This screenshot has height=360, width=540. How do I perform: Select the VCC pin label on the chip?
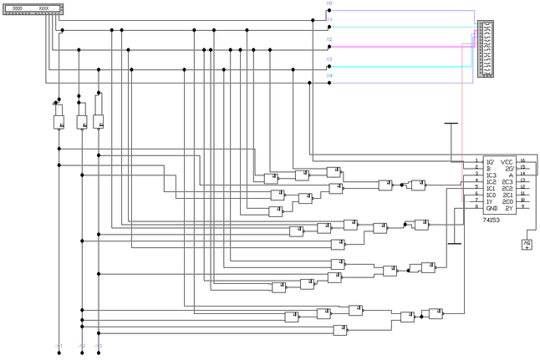click(507, 161)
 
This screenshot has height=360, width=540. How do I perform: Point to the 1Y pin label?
click(489, 201)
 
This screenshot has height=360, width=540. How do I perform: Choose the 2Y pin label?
click(507, 208)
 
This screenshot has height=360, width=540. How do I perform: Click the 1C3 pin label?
click(491, 175)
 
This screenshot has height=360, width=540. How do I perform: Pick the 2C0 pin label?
click(507, 201)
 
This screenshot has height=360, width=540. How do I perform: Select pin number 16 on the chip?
click(522, 160)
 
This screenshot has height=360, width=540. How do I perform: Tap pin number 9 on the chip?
click(522, 207)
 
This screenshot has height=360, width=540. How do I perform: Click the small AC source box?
click(527, 244)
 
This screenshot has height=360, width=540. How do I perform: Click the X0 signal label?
click(329, 3)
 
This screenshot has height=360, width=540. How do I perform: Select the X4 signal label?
click(329, 76)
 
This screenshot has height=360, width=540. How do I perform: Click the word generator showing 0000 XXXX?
click(32, 8)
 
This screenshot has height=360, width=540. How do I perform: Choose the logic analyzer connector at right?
click(485, 49)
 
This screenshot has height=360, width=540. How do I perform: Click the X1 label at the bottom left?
click(58, 345)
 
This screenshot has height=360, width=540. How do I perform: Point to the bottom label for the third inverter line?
click(98, 345)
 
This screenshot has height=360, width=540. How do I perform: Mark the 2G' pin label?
click(507, 168)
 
